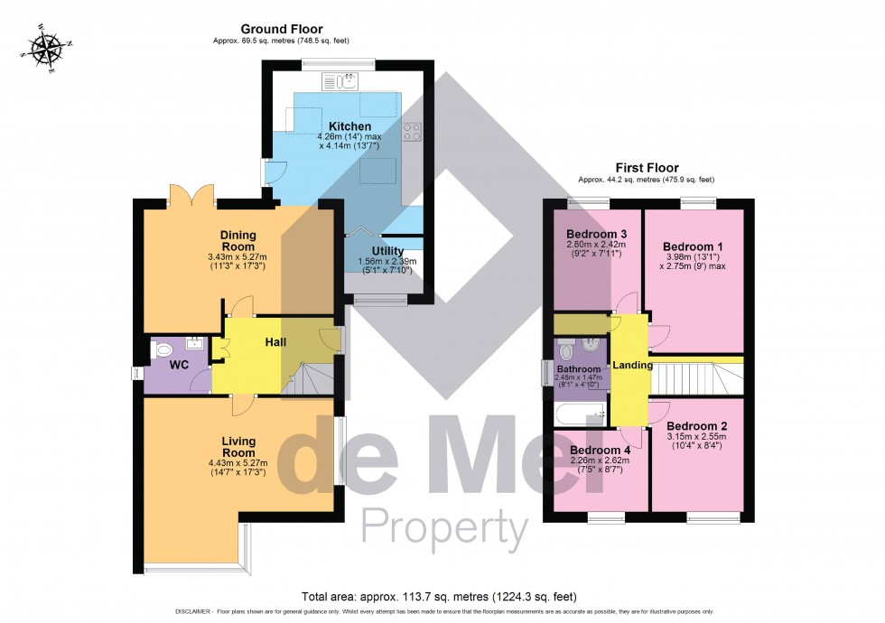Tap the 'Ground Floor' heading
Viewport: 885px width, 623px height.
(x=281, y=30)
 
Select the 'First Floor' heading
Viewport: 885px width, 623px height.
(x=646, y=168)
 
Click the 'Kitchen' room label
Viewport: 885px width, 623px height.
(x=349, y=126)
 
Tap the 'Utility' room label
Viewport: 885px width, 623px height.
(x=387, y=252)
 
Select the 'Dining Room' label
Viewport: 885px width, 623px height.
(x=238, y=241)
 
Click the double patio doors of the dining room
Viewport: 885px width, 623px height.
(x=191, y=194)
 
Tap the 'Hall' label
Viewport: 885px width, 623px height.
(x=275, y=343)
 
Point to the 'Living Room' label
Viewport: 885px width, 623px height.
(x=239, y=447)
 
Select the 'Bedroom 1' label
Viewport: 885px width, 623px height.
(x=693, y=246)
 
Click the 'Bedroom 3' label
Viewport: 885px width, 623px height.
(x=596, y=235)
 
